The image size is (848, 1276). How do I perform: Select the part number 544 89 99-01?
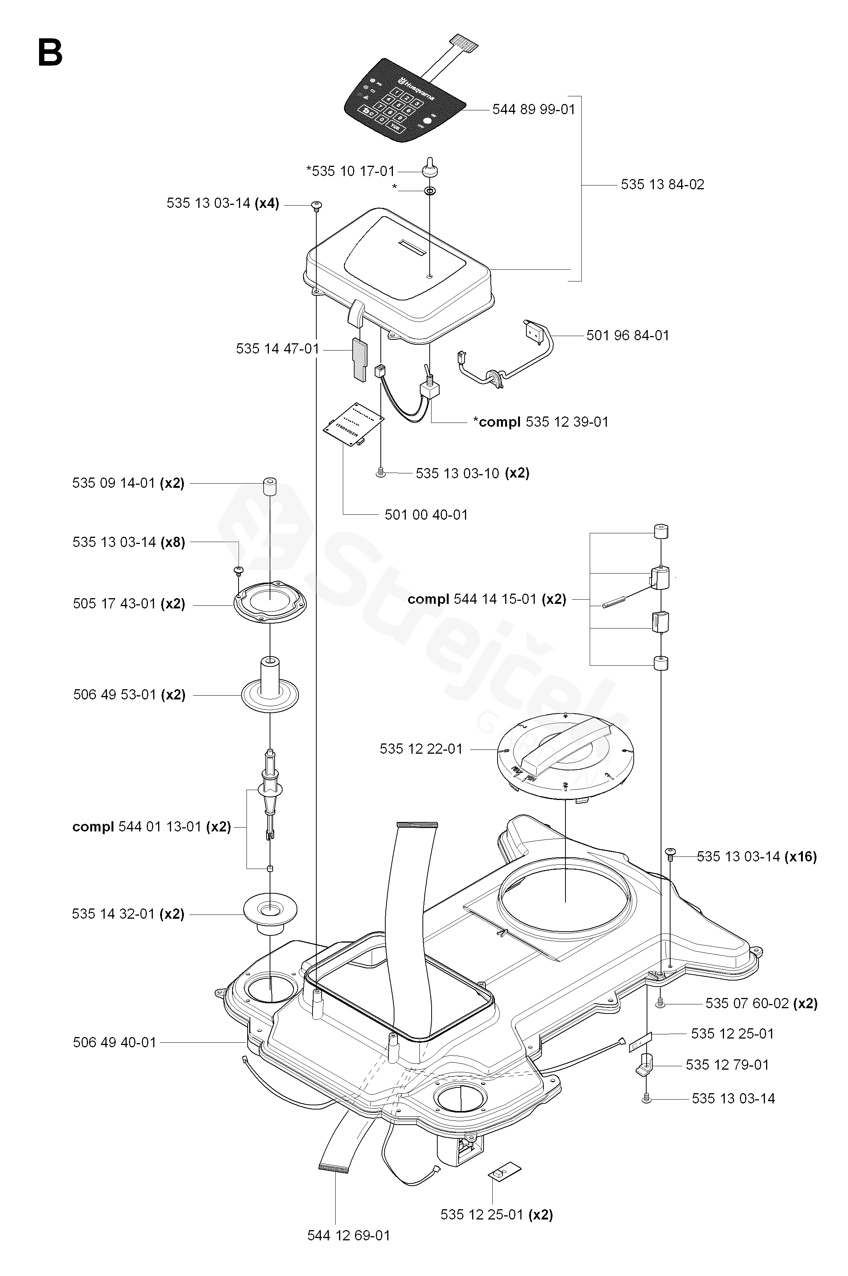coord(533,110)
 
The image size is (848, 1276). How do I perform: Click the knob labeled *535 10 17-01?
coord(429,168)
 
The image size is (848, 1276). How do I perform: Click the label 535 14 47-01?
coord(278,349)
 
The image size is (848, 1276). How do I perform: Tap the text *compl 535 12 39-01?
coord(540,422)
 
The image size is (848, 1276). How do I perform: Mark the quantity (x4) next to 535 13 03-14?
coord(267,203)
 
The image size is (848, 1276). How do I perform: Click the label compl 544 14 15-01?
coord(487,599)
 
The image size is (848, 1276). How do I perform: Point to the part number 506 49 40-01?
coord(114,1042)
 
